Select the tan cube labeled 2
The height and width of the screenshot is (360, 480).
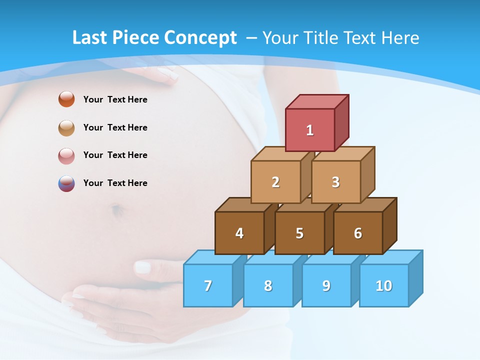(275, 182)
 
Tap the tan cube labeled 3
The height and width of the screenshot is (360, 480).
(335, 182)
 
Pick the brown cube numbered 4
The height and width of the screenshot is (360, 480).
(239, 233)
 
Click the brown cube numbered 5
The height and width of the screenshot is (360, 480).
(299, 233)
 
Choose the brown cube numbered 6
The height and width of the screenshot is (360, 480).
(358, 233)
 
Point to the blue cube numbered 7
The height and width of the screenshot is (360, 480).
(208, 285)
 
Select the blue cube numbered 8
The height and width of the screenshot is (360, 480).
(268, 285)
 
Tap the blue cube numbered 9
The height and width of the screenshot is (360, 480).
(326, 285)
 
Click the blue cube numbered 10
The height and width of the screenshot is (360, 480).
(384, 285)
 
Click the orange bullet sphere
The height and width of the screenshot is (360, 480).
(66, 99)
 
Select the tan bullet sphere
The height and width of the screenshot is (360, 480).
(66, 127)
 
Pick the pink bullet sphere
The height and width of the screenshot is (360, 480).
(66, 155)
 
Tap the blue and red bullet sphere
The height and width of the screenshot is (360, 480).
(66, 183)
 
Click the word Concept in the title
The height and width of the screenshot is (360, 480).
(200, 38)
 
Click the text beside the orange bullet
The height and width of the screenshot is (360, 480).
(115, 99)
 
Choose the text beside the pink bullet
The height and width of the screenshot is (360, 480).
(115, 155)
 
